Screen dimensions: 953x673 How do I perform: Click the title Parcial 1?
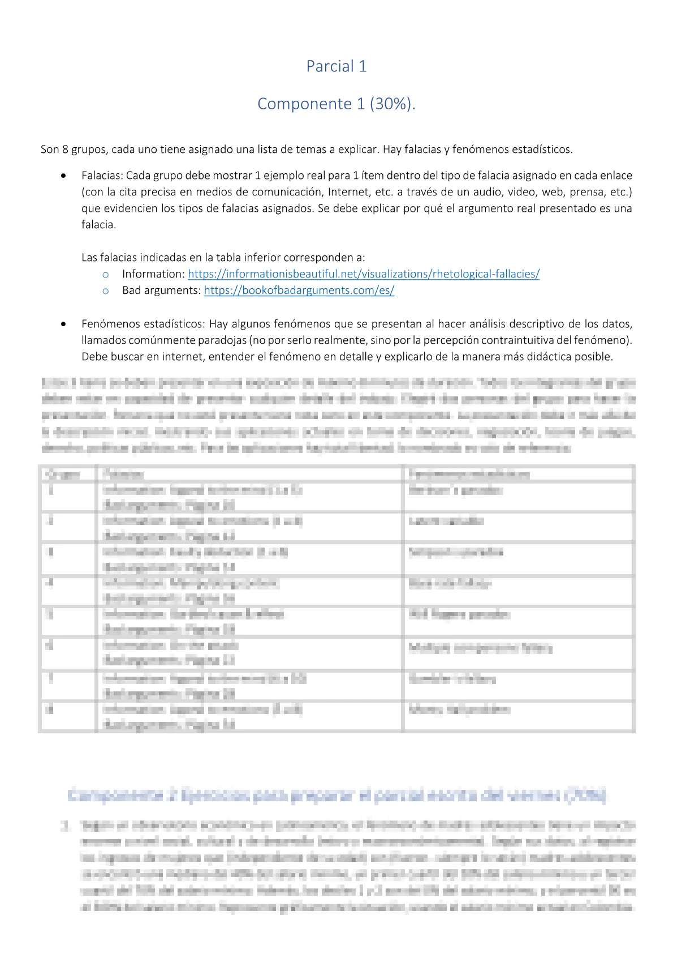[x=336, y=66]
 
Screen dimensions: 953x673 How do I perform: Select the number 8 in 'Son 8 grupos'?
[x=65, y=149]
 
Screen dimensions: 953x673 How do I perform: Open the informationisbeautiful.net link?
[x=364, y=274]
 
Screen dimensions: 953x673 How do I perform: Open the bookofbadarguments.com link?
[x=299, y=290]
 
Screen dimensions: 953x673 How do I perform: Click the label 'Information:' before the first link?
[x=153, y=274]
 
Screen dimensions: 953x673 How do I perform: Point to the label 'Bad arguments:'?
[x=162, y=290]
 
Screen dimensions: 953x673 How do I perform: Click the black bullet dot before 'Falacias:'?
[x=63, y=176]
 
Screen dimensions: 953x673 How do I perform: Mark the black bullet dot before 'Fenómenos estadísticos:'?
[x=63, y=324]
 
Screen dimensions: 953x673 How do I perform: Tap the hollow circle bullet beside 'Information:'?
[x=105, y=275]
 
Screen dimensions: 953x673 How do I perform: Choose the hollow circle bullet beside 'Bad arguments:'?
[x=105, y=291]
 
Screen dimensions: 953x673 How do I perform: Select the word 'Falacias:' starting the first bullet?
[x=102, y=176]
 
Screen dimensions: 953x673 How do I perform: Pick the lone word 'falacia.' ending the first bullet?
[x=98, y=225]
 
